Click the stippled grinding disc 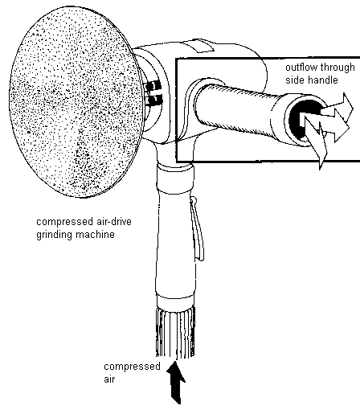(76, 102)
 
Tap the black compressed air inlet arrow (176, 383)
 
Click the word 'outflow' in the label (301, 67)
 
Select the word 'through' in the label (337, 68)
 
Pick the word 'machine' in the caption (95, 235)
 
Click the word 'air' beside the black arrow (109, 379)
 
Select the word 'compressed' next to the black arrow (132, 367)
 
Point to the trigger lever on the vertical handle (197, 228)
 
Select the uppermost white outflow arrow (338, 106)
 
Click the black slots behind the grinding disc (153, 92)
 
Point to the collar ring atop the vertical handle (175, 178)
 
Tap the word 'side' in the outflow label (294, 80)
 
